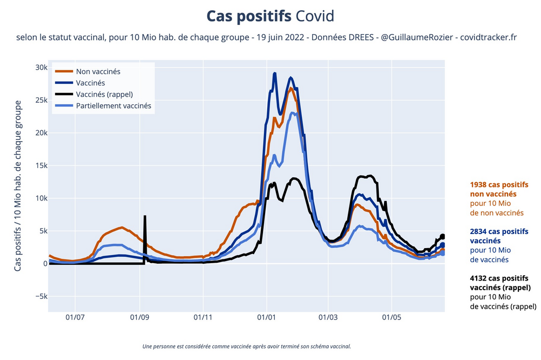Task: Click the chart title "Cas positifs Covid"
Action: [x=270, y=16]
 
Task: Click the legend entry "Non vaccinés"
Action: [x=98, y=71]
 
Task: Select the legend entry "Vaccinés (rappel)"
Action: [x=104, y=95]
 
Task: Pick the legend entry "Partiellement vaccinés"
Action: [x=114, y=106]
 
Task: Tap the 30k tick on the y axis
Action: [x=41, y=68]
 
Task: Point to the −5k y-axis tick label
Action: [x=39, y=296]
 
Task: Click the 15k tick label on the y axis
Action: [x=41, y=165]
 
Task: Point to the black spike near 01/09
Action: [x=144, y=217]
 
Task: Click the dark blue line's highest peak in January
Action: [x=275, y=74]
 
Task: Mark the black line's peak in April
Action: [x=369, y=176]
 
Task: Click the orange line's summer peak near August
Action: [x=122, y=228]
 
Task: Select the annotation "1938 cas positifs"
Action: [x=499, y=184]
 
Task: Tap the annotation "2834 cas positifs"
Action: [x=499, y=231]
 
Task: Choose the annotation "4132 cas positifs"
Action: [x=499, y=278]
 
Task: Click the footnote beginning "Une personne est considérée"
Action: [x=246, y=346]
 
